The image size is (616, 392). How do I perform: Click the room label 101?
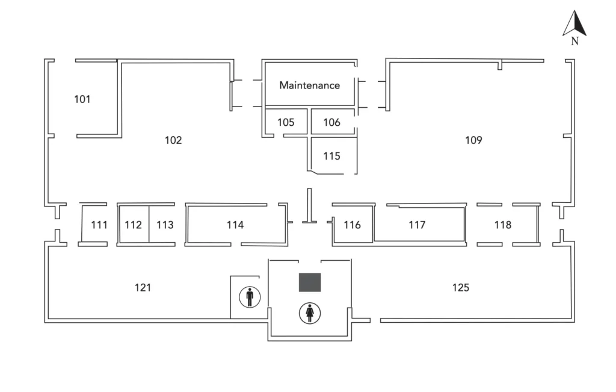pyautogui.click(x=82, y=99)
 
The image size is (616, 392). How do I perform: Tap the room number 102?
pyautogui.click(x=173, y=140)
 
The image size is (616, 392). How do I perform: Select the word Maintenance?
pyautogui.click(x=309, y=86)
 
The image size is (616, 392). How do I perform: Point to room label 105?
pyautogui.click(x=286, y=122)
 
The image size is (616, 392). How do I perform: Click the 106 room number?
pyautogui.click(x=332, y=122)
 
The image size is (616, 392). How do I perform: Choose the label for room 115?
pyautogui.click(x=331, y=156)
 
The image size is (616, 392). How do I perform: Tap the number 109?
pyautogui.click(x=474, y=140)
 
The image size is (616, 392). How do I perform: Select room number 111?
pyautogui.click(x=99, y=225)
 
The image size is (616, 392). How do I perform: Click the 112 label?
pyautogui.click(x=133, y=225)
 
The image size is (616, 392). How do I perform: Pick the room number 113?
pyautogui.click(x=165, y=225)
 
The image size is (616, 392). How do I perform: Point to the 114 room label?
pyautogui.click(x=235, y=225)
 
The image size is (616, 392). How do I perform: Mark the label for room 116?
pyautogui.click(x=353, y=225)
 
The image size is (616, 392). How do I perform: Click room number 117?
pyautogui.click(x=417, y=225)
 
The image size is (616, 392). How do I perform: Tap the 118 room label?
pyautogui.click(x=503, y=225)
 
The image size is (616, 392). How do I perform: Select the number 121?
pyautogui.click(x=143, y=288)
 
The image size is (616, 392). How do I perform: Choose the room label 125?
pyautogui.click(x=461, y=288)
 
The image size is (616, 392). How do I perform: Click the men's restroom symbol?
pyautogui.click(x=250, y=297)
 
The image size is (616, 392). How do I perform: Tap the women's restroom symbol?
pyautogui.click(x=310, y=313)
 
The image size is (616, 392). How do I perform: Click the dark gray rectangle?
pyautogui.click(x=310, y=282)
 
